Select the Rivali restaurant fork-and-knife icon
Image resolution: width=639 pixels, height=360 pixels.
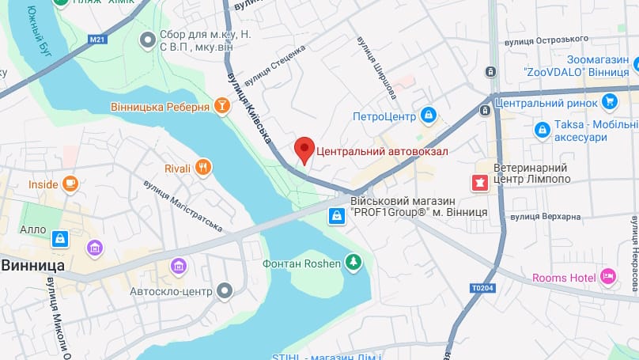pyautogui.click(x=204, y=167)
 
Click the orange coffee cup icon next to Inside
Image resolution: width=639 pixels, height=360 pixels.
pyautogui.click(x=70, y=184)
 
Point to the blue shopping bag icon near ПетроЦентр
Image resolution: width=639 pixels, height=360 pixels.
pyautogui.click(x=429, y=116)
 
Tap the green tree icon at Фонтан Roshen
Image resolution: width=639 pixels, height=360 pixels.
pyautogui.click(x=354, y=263)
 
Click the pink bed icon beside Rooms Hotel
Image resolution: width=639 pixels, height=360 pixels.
pyautogui.click(x=608, y=277)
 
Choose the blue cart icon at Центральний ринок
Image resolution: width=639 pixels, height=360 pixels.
pyautogui.click(x=608, y=101)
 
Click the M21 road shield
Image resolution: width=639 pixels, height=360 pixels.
pyautogui.click(x=97, y=38)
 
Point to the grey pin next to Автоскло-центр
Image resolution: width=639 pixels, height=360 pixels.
pyautogui.click(x=225, y=290)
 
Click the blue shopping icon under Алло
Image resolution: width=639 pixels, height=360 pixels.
pyautogui.click(x=60, y=237)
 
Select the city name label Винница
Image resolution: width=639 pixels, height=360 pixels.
pyautogui.click(x=33, y=265)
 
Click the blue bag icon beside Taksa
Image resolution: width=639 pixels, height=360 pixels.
pyautogui.click(x=542, y=129)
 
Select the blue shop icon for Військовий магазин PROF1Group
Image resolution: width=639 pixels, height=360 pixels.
pyautogui.click(x=337, y=214)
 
